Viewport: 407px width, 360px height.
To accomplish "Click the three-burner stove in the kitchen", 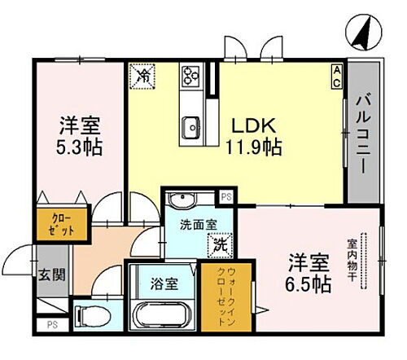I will [192, 77].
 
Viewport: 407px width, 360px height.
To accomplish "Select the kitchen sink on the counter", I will [192, 125].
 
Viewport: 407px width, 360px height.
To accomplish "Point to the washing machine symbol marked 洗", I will [219, 244].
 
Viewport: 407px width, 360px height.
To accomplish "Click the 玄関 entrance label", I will [46, 274].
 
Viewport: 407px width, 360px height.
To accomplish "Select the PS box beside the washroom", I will [226, 195].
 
